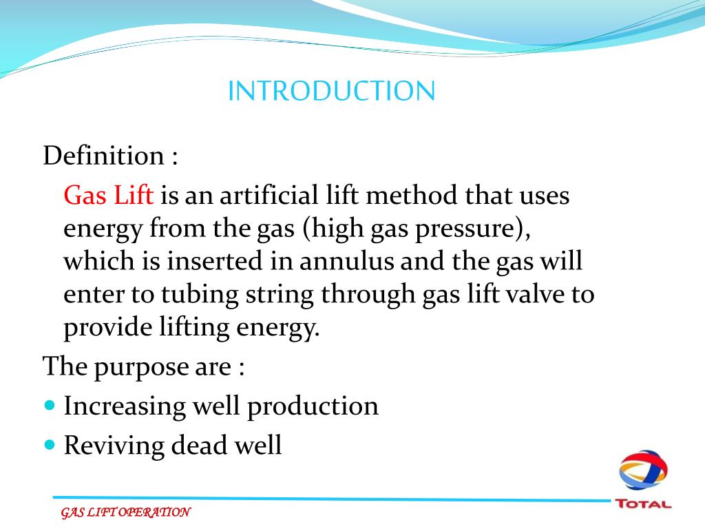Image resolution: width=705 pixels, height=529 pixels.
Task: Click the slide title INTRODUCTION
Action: pyautogui.click(x=331, y=91)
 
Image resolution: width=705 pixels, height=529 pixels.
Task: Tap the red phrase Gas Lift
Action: pyautogui.click(x=108, y=196)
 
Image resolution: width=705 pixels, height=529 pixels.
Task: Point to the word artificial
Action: pyautogui.click(x=278, y=196)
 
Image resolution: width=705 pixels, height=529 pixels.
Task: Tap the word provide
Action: pyautogui.click(x=101, y=328)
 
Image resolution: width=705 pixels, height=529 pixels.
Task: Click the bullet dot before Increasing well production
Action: pyautogui.click(x=49, y=405)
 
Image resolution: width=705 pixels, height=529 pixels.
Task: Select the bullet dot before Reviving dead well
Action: pyautogui.click(x=49, y=445)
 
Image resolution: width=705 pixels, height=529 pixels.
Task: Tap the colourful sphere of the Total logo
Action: pyautogui.click(x=642, y=471)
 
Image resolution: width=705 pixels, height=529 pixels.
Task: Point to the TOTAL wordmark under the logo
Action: pyautogui.click(x=643, y=504)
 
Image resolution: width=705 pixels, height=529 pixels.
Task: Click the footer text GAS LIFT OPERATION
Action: pyautogui.click(x=125, y=512)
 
